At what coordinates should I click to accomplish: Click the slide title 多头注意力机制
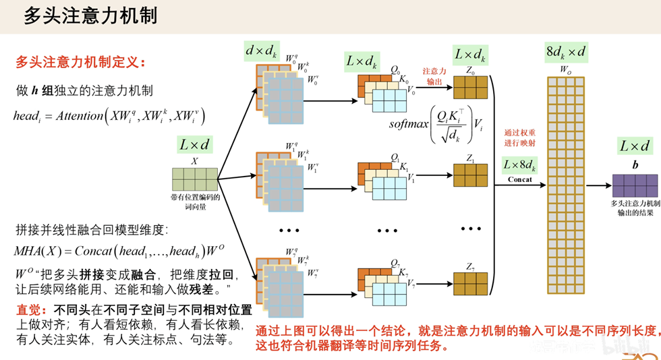pyautogui.click(x=90, y=16)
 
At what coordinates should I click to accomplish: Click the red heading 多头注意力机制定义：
pyautogui.click(x=80, y=63)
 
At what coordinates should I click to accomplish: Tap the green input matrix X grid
pyautogui.click(x=194, y=179)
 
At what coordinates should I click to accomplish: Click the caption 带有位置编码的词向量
pyautogui.click(x=196, y=202)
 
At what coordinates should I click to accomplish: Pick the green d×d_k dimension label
pyautogui.click(x=261, y=51)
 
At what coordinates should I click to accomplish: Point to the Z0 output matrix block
pyautogui.click(x=470, y=88)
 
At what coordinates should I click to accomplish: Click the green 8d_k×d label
pyautogui.click(x=566, y=51)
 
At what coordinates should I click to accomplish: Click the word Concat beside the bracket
pyautogui.click(x=519, y=179)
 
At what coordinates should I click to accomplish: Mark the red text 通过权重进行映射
pyautogui.click(x=520, y=138)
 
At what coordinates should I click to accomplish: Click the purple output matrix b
pyautogui.click(x=635, y=184)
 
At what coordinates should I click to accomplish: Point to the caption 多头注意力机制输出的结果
pyautogui.click(x=635, y=208)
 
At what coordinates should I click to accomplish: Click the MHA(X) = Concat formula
pyautogui.click(x=119, y=251)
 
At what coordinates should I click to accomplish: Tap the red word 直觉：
pyautogui.click(x=32, y=310)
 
